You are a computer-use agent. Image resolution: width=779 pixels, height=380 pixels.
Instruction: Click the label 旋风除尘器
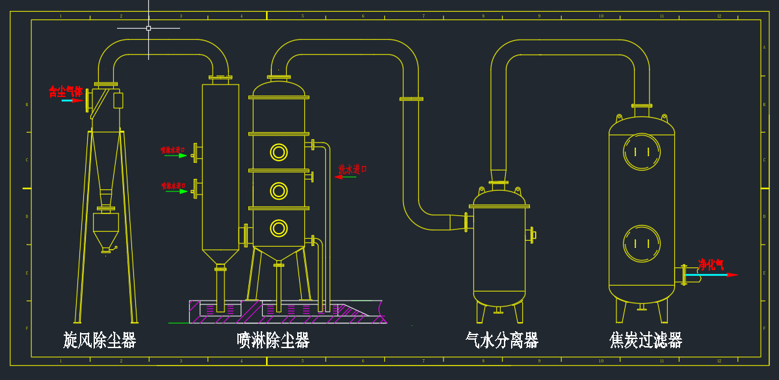[x=99, y=340]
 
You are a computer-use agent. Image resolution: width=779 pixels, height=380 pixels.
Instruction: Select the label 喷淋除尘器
[x=273, y=340]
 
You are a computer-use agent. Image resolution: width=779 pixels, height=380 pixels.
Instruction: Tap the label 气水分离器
[x=502, y=340]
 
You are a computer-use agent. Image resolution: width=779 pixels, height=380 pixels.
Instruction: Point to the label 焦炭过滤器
[x=646, y=340]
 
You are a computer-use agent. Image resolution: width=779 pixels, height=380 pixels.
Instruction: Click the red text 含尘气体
[x=66, y=92]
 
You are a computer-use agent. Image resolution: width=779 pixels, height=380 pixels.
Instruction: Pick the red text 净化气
[x=711, y=265]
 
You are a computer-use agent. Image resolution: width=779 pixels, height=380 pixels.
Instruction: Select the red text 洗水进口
[x=352, y=169]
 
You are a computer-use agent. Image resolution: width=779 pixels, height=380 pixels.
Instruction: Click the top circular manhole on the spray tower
[x=279, y=152]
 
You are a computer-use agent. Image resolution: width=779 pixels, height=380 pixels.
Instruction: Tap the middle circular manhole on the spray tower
[x=279, y=191]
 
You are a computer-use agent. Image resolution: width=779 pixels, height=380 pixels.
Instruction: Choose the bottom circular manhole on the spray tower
[x=279, y=228]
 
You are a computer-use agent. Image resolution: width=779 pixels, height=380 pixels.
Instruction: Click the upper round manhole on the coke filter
[x=642, y=152]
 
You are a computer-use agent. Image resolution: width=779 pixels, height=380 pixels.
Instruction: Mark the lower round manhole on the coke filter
[x=642, y=244]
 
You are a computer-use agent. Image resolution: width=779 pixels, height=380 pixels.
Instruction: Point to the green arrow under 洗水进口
[x=345, y=177]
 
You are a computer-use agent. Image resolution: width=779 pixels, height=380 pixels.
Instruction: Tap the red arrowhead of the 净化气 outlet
[x=733, y=275]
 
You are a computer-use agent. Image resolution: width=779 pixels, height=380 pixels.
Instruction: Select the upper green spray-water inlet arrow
[x=176, y=156]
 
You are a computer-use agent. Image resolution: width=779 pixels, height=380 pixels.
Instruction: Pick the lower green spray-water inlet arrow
[x=176, y=191]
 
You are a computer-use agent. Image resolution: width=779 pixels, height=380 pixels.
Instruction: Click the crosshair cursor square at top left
[x=148, y=28]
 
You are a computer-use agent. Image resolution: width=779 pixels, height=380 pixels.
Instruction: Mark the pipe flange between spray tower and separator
[x=411, y=99]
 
